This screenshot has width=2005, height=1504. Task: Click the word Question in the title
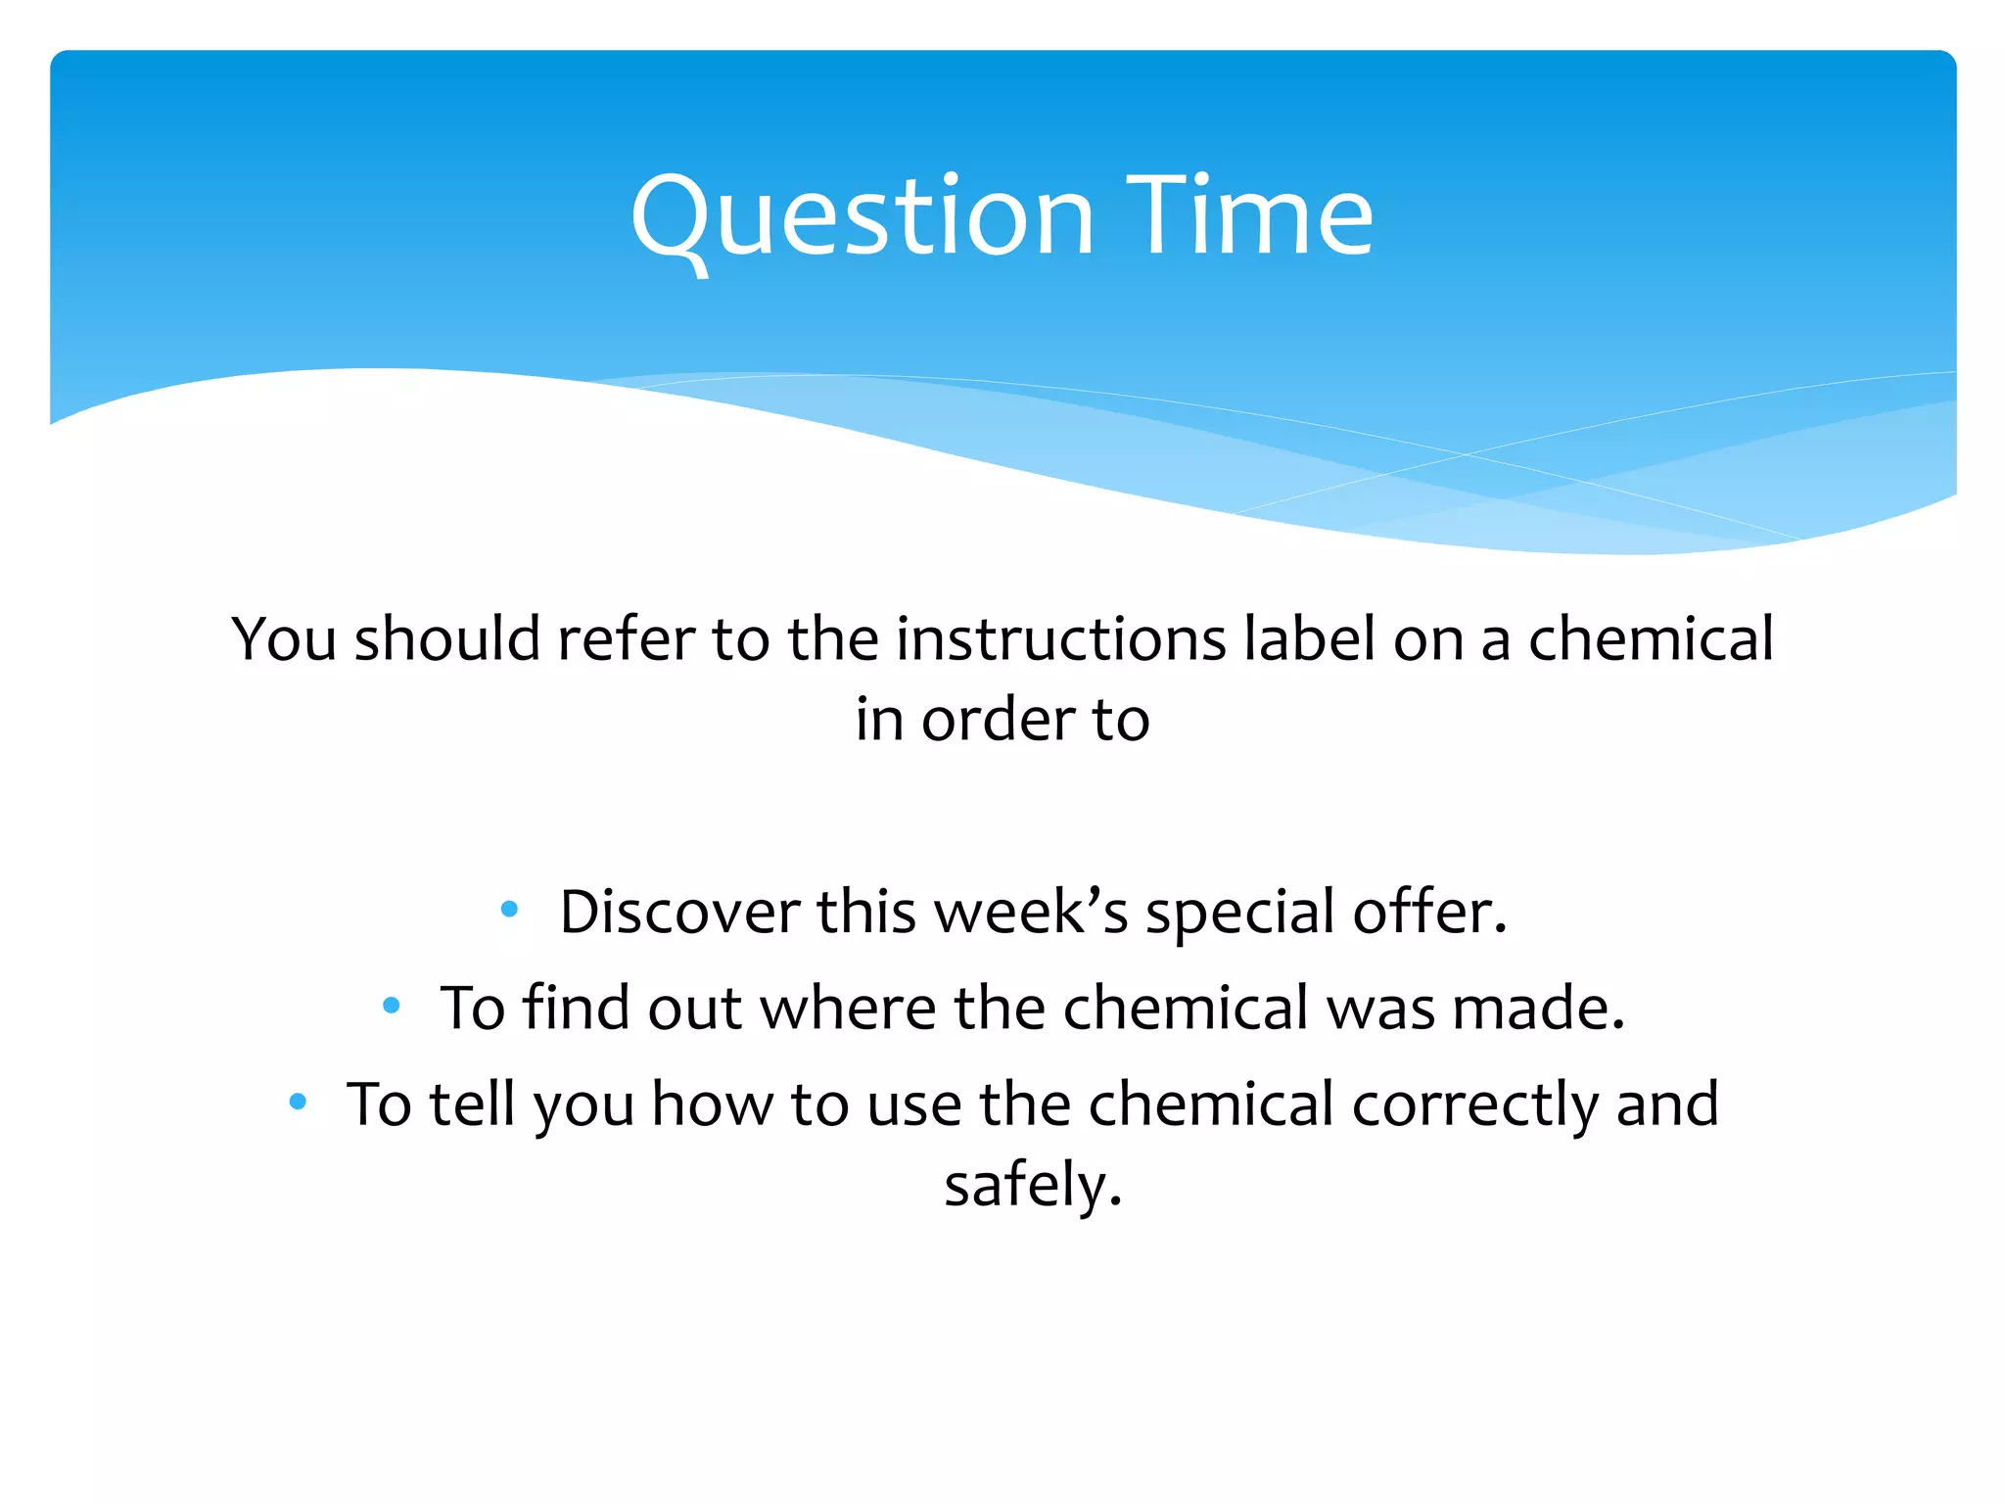(x=862, y=217)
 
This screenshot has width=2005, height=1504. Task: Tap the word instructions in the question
(x=1060, y=639)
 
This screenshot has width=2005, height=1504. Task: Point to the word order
(x=998, y=720)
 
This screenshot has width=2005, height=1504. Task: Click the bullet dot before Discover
(x=508, y=910)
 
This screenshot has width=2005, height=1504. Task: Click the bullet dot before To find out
(x=392, y=1005)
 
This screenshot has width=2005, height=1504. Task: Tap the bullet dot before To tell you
(x=299, y=1102)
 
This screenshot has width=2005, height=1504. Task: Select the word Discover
(x=679, y=913)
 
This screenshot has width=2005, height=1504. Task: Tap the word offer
(x=1428, y=913)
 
